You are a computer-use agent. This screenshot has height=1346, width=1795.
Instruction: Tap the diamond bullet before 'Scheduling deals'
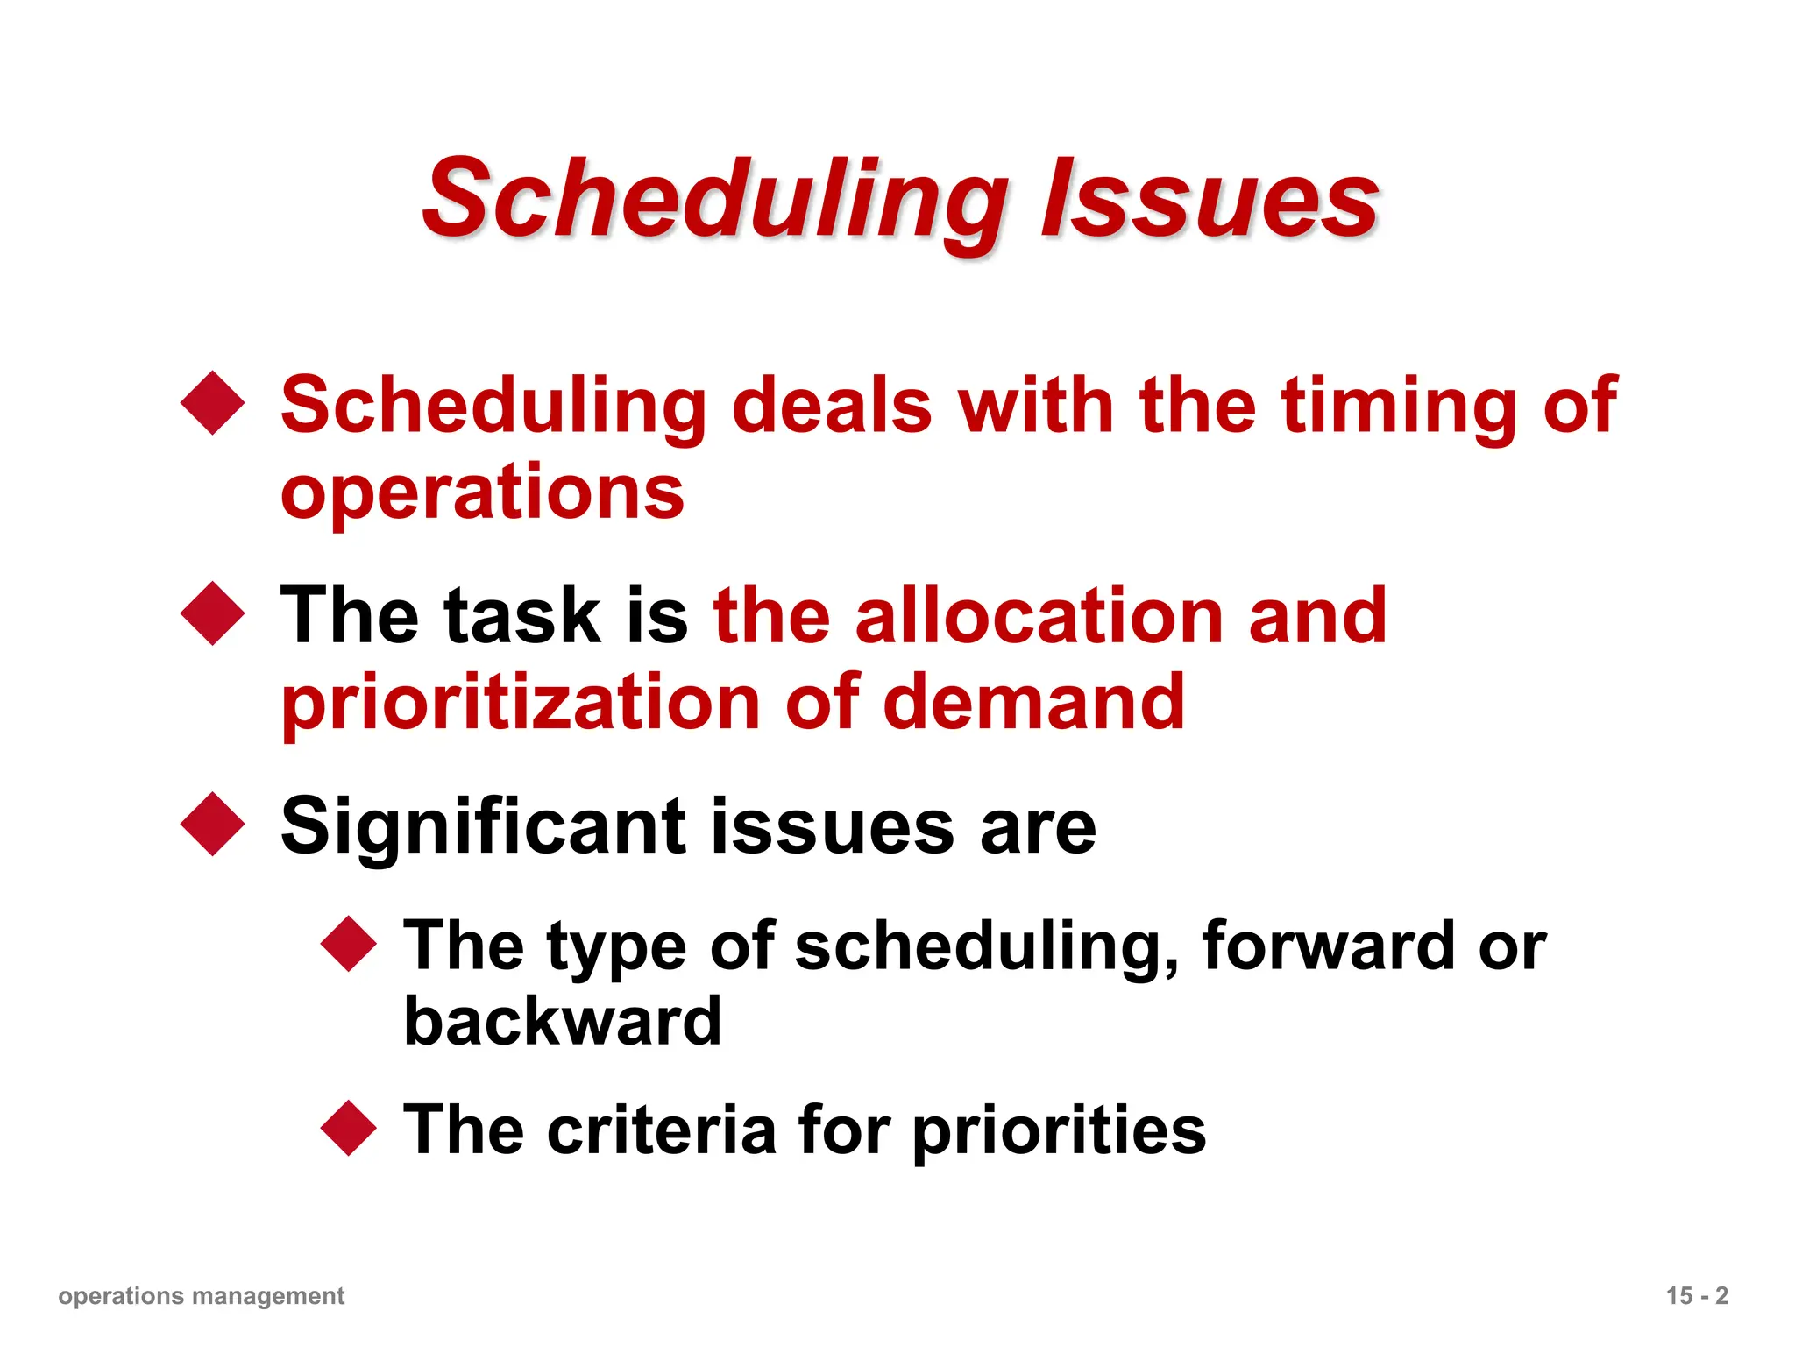pos(213,403)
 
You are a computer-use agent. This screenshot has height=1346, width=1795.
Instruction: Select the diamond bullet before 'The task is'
pos(213,613)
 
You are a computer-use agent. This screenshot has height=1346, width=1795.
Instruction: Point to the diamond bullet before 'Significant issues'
pos(213,824)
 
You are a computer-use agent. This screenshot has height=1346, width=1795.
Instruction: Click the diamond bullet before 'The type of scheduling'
pos(349,944)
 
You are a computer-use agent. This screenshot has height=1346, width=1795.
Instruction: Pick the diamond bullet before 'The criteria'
pos(349,1128)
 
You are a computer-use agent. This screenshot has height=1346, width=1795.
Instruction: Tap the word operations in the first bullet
pos(482,492)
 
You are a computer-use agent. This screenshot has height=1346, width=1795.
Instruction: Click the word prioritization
pos(521,703)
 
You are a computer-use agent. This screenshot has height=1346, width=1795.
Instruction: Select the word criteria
pos(662,1130)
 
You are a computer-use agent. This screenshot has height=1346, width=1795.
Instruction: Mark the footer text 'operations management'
pos(202,1295)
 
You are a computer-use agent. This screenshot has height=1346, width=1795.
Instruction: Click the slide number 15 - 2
pos(1697,1295)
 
